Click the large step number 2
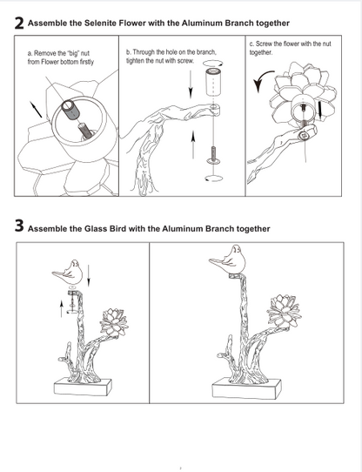click(x=19, y=24)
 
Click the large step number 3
click(x=19, y=226)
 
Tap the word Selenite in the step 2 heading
click(x=100, y=24)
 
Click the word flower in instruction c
click(x=291, y=44)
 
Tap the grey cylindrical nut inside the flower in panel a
click(x=70, y=110)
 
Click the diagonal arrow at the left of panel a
click(x=36, y=109)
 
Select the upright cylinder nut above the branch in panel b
click(x=213, y=81)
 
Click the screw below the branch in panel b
click(x=212, y=155)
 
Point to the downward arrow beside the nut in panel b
click(x=191, y=84)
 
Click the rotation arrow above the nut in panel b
click(x=213, y=64)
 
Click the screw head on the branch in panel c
click(x=304, y=136)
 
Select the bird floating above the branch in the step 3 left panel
click(x=68, y=273)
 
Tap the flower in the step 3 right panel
click(x=284, y=311)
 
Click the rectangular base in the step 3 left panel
click(x=83, y=387)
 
